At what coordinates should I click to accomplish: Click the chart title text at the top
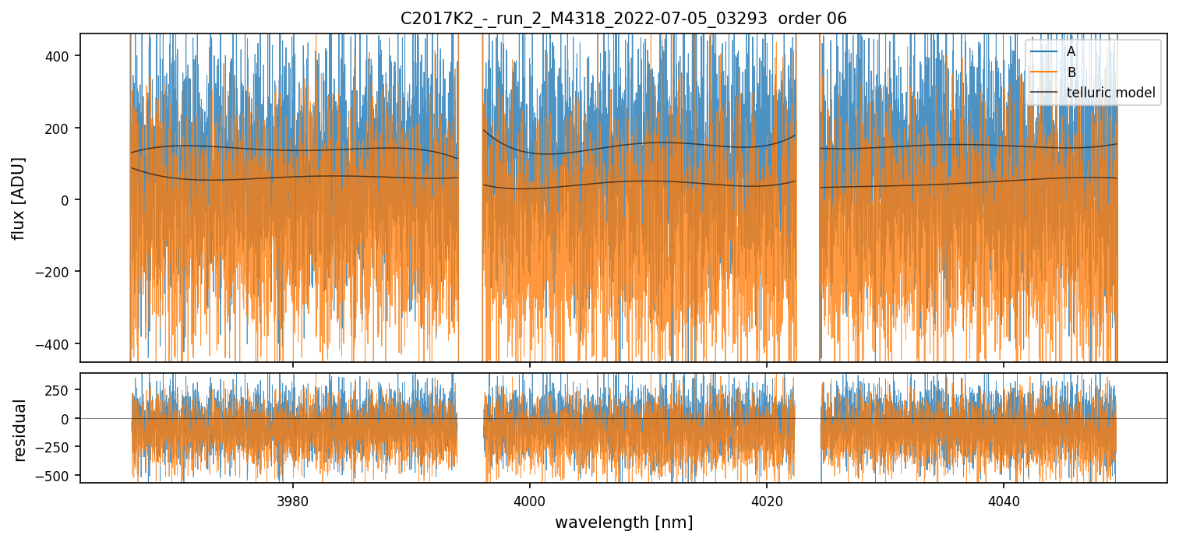click(x=623, y=19)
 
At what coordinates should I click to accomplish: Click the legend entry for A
click(x=1071, y=51)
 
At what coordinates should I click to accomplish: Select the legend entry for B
click(x=1071, y=72)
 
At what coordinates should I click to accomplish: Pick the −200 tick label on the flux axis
click(x=60, y=272)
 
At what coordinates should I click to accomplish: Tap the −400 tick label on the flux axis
click(x=60, y=343)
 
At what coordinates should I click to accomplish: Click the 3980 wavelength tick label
click(x=293, y=500)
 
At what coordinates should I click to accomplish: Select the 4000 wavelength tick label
click(x=530, y=500)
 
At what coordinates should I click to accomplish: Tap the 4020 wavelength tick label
click(x=767, y=500)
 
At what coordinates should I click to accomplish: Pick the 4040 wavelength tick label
click(x=1003, y=500)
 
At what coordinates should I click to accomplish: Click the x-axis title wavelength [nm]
click(x=623, y=522)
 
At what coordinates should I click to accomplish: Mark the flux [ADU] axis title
click(x=18, y=198)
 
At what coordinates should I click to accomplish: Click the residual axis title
click(x=19, y=430)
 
